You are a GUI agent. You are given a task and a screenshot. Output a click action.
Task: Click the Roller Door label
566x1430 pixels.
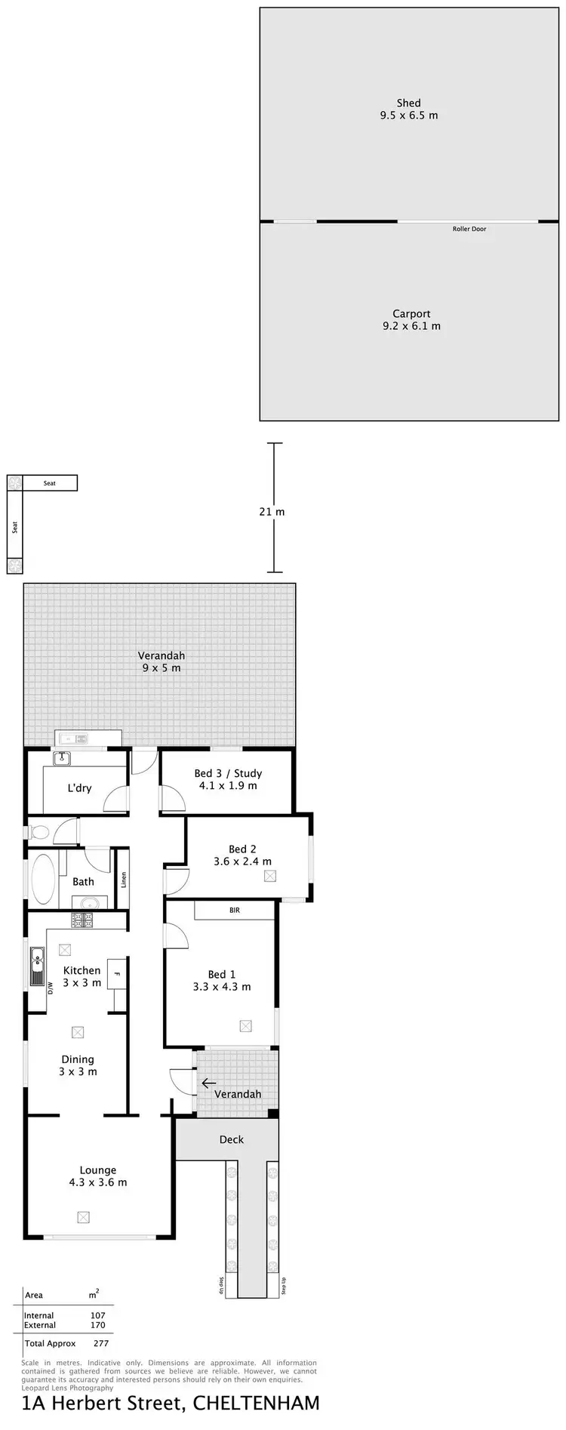(x=469, y=229)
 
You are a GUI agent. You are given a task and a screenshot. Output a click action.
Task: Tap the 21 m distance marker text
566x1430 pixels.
(x=272, y=512)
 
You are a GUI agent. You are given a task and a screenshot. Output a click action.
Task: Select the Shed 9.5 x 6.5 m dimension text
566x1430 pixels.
(x=409, y=116)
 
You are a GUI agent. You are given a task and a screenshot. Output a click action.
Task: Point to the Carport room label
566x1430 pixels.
(x=411, y=313)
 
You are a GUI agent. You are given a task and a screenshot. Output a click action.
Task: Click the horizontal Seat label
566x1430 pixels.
(x=50, y=483)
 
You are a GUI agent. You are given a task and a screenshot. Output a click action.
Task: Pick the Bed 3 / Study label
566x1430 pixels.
(x=228, y=773)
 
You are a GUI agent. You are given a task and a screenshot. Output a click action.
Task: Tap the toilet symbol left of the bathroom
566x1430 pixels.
(x=39, y=833)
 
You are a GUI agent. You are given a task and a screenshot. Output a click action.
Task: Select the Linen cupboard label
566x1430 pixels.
(x=123, y=880)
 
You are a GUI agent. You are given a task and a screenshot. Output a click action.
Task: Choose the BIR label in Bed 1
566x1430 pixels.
(x=235, y=911)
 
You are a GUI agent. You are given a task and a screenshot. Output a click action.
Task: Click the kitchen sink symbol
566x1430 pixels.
(x=36, y=967)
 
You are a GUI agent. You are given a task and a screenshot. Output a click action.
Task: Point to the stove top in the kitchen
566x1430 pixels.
(x=82, y=920)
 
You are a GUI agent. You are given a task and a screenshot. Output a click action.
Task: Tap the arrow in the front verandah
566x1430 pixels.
(x=208, y=1083)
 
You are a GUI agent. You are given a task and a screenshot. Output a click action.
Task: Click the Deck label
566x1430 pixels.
(x=232, y=1139)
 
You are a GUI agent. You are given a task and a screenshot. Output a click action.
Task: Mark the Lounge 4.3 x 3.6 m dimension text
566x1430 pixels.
(x=98, y=1182)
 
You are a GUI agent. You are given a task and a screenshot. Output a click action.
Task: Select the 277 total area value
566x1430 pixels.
(x=100, y=1343)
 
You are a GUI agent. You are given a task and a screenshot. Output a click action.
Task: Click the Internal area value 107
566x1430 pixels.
(x=98, y=1315)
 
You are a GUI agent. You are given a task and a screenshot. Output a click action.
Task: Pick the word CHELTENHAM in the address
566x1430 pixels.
(x=257, y=1403)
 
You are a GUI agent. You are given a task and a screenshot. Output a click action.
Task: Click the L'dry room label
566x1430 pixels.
(x=79, y=788)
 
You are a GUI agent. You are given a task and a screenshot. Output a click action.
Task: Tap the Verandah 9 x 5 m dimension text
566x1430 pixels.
(x=161, y=668)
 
